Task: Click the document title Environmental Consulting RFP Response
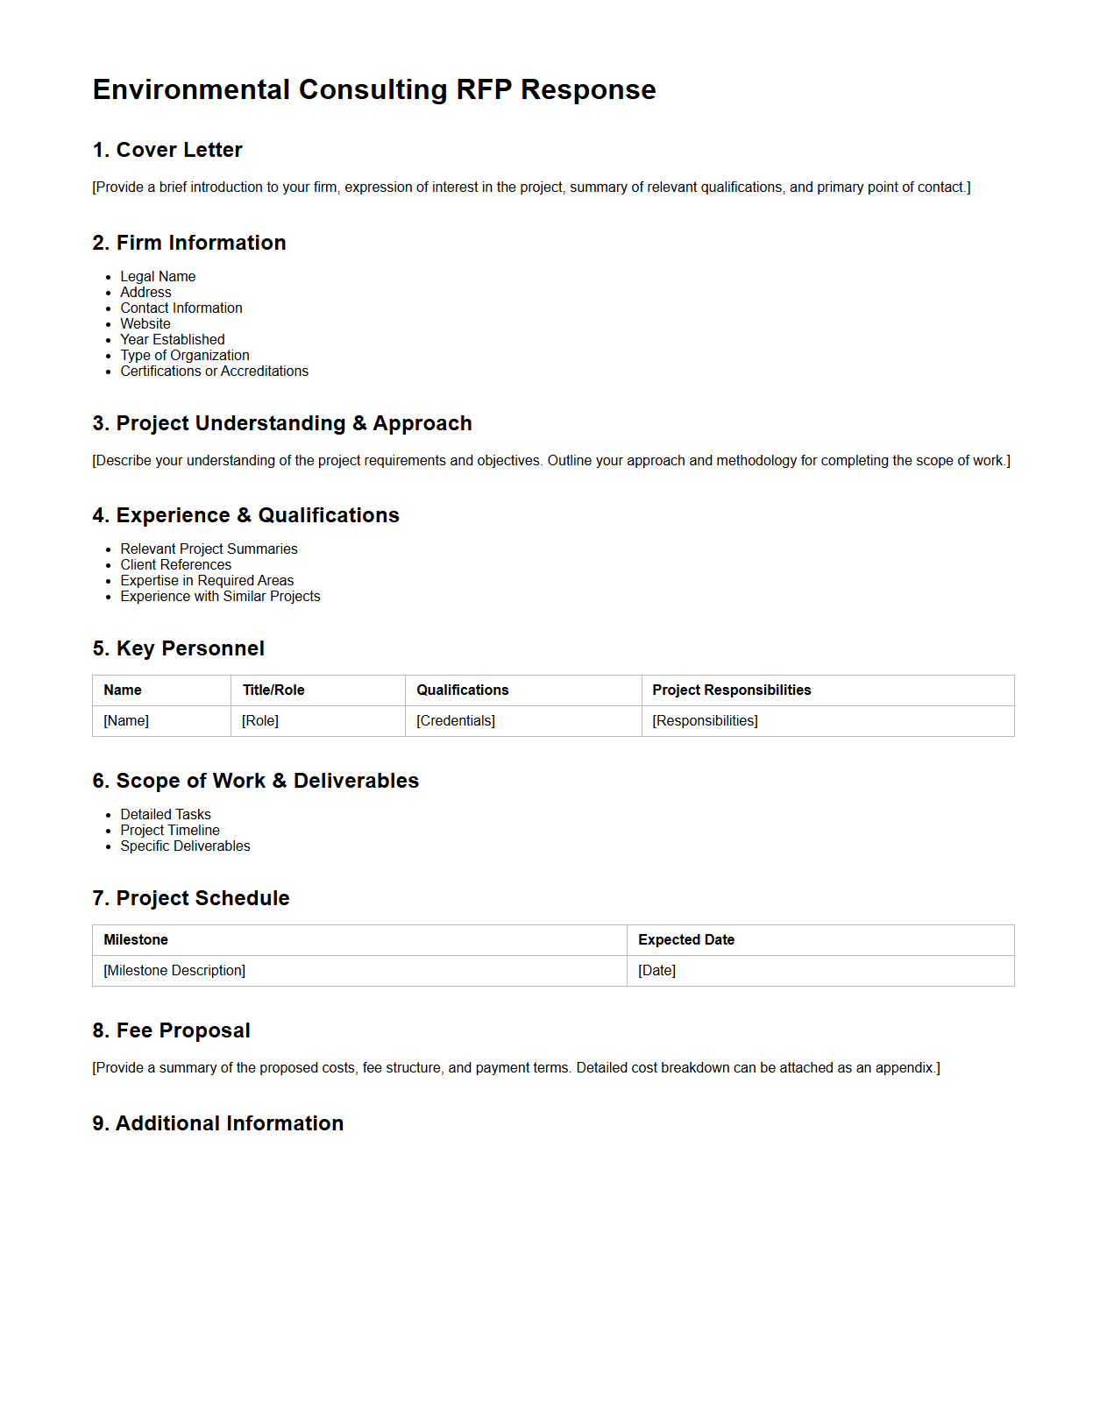coord(374,90)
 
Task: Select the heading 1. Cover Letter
coord(167,150)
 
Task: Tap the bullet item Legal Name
coord(158,277)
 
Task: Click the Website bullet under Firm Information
coord(145,324)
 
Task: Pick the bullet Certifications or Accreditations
coord(214,372)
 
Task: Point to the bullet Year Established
coord(173,340)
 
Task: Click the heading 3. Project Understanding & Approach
coord(282,423)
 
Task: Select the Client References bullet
coord(176,565)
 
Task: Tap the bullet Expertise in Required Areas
coord(207,581)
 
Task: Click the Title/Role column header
coord(273,690)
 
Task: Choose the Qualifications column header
coord(463,690)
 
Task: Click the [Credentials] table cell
coord(456,721)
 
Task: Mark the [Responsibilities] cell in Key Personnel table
coord(705,721)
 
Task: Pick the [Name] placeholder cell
coord(126,721)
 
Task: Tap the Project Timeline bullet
coord(170,831)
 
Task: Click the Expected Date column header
coord(686,940)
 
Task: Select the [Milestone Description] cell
coord(174,971)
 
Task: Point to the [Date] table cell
coord(656,971)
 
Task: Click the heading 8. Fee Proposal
coord(172,1030)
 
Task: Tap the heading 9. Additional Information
coord(218,1123)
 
